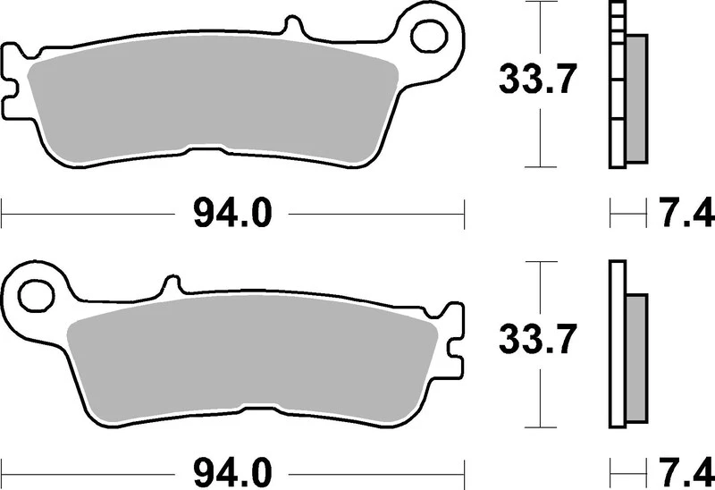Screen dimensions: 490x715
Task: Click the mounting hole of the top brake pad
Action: (432, 35)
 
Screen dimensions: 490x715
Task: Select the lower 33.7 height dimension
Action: (534, 339)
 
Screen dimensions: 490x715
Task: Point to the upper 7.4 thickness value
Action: (686, 215)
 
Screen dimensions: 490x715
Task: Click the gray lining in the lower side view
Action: (635, 358)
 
